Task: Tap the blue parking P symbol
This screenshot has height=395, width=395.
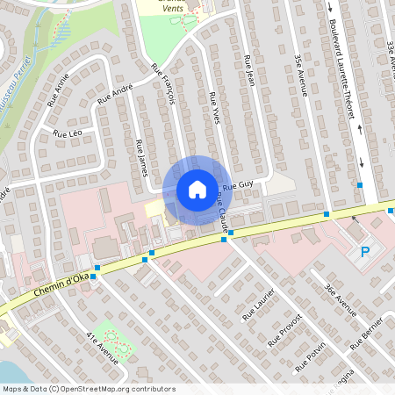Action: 364,253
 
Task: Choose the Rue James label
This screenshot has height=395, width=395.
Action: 140,155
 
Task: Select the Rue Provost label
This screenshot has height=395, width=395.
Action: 286,329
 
